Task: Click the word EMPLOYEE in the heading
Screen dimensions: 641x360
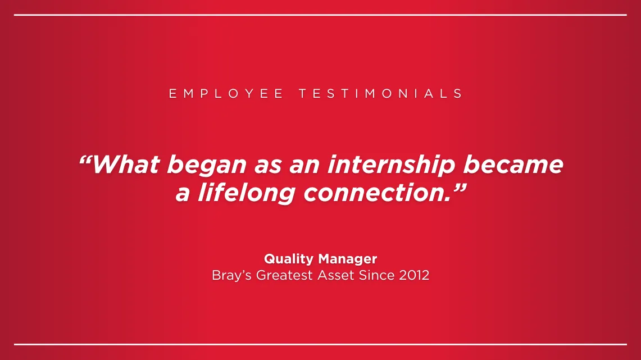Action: (x=226, y=94)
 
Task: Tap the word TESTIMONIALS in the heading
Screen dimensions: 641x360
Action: (x=381, y=94)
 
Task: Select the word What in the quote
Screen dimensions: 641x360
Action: (x=126, y=165)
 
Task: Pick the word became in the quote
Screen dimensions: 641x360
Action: (x=513, y=165)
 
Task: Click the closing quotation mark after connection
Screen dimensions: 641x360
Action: (x=460, y=188)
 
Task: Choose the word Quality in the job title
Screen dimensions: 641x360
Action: (x=289, y=259)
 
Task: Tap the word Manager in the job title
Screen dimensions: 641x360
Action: (x=348, y=259)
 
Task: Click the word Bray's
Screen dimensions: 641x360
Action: (x=231, y=276)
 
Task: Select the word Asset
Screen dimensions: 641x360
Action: (x=336, y=275)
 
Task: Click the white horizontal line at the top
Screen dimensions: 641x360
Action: (x=320, y=15)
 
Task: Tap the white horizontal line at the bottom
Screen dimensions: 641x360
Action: (x=320, y=344)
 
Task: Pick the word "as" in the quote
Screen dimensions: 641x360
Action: (x=268, y=167)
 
